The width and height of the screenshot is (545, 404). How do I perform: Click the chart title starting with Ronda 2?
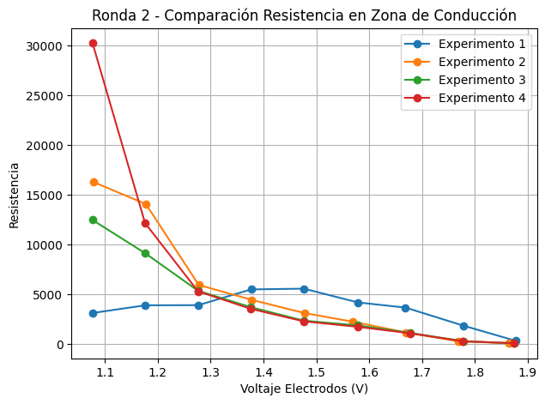(304, 15)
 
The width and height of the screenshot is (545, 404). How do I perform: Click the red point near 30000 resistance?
(93, 43)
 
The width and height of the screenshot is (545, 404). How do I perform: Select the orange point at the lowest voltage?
(93, 182)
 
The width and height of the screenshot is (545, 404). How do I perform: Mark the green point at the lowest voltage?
(93, 220)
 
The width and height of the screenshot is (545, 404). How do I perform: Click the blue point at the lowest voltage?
(93, 313)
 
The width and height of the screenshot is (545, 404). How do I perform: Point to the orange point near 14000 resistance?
(146, 204)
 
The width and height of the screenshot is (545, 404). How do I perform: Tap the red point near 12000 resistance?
(145, 223)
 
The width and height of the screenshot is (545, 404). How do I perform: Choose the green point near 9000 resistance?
(145, 253)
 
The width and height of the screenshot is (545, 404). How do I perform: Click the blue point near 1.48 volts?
(304, 289)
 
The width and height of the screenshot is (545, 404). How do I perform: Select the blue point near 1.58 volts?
(358, 303)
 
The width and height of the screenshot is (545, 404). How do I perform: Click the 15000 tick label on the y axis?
(49, 195)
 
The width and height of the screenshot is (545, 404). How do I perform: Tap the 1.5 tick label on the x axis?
(317, 372)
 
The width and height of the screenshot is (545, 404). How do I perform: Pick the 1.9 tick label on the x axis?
(528, 372)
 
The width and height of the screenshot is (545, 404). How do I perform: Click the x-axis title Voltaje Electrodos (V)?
(304, 389)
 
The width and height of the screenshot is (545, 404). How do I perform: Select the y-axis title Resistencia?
(14, 194)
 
